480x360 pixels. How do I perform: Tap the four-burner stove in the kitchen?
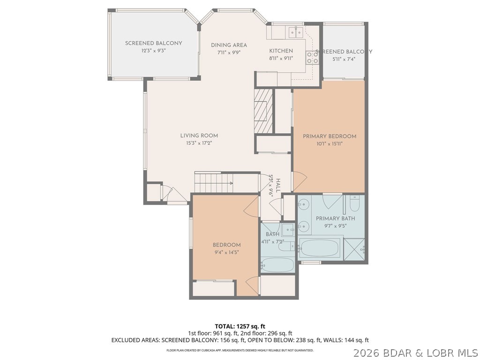point(312,58)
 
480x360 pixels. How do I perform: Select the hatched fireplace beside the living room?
point(263,111)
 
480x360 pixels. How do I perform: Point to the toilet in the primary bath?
point(354,204)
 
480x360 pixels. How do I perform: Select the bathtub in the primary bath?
point(319,247)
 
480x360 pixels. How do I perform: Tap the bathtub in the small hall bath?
point(277,265)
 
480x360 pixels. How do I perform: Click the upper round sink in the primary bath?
point(304,205)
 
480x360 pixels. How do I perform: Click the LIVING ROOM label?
point(199,136)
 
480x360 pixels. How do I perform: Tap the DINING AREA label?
point(229,45)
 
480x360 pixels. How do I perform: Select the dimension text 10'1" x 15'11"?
point(330,144)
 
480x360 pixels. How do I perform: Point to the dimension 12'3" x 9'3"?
point(153,51)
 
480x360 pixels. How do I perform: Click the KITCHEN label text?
point(281,51)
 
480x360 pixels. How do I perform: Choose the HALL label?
point(278,186)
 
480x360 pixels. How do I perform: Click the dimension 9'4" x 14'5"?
point(226,252)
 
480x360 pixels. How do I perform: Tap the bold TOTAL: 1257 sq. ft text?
point(240,326)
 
